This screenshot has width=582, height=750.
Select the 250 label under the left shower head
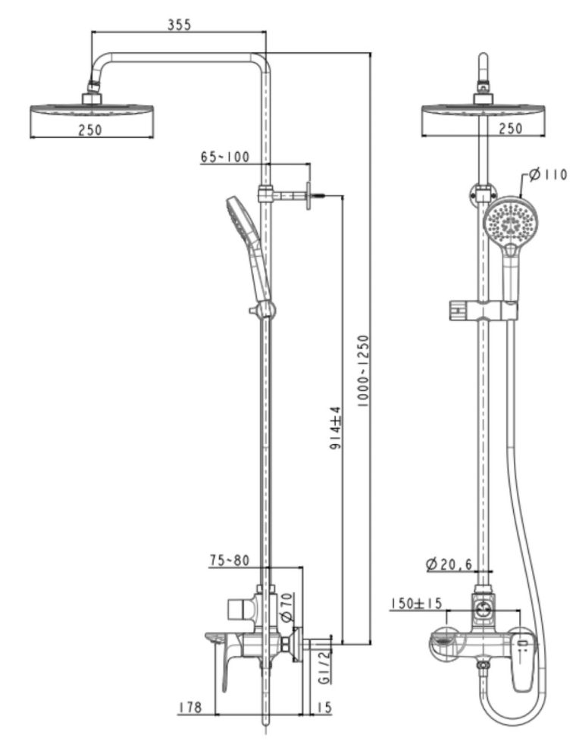(90, 130)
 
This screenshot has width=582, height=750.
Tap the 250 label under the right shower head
(511, 129)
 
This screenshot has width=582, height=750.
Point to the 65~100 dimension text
(225, 157)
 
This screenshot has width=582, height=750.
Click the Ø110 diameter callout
(549, 175)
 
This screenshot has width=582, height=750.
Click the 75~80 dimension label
(229, 561)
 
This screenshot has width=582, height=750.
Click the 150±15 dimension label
(417, 603)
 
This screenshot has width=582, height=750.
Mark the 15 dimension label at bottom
(324, 708)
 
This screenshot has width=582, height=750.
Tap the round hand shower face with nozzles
(510, 223)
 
